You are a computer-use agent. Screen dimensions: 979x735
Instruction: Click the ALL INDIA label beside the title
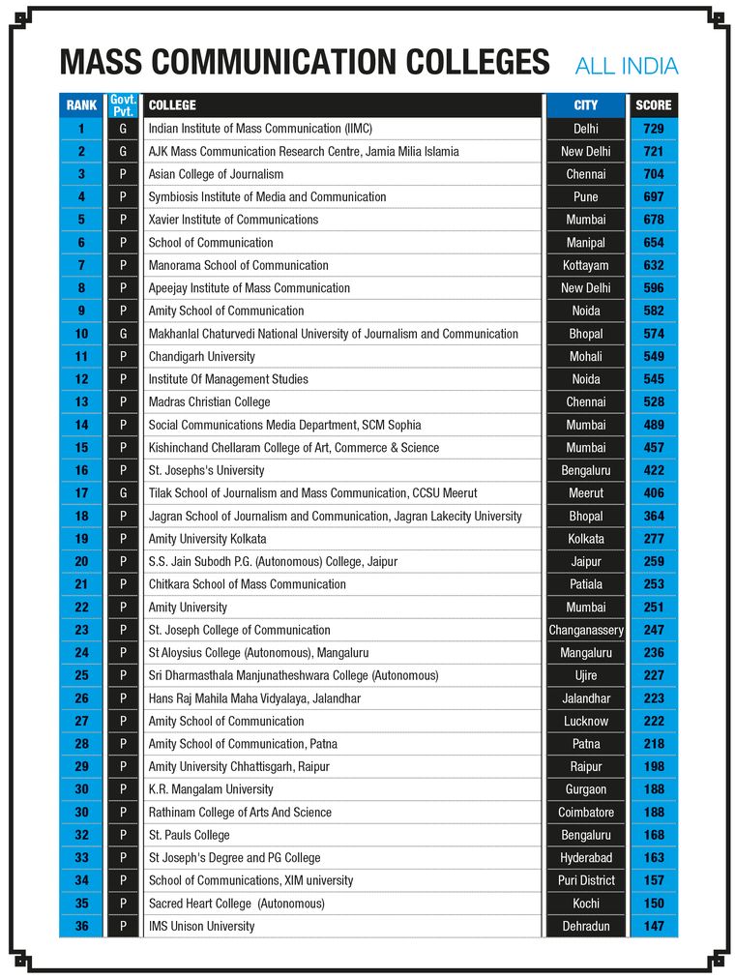coord(626,66)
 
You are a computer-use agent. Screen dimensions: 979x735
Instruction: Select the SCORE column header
coord(653,104)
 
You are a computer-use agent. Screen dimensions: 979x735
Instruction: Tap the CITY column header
coord(585,104)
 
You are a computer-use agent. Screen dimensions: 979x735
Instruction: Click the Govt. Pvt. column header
coord(123,104)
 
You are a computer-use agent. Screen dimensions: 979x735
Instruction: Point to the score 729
coord(653,129)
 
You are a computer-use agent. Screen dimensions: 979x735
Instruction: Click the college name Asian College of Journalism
coord(216,174)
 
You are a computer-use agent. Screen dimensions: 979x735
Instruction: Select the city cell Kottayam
coord(585,265)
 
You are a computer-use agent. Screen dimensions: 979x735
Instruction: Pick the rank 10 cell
coord(81,334)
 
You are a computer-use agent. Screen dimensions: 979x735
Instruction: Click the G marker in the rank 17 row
coord(123,493)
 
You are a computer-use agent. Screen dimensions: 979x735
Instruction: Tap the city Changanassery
coord(586,630)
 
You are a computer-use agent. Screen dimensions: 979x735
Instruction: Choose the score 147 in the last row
coord(653,926)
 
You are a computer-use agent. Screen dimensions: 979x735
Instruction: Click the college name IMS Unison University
coord(201,926)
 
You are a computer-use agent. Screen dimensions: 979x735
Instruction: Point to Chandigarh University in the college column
coord(201,356)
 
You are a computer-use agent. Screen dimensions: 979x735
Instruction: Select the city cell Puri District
coord(586,880)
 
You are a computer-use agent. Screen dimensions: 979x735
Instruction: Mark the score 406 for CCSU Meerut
coord(653,493)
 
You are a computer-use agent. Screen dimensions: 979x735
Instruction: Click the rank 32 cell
coord(81,835)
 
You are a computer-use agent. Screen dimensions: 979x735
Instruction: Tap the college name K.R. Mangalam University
coord(211,789)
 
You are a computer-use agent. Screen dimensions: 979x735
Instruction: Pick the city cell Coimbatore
coord(586,813)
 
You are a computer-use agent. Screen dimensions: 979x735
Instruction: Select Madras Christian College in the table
coord(209,401)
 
